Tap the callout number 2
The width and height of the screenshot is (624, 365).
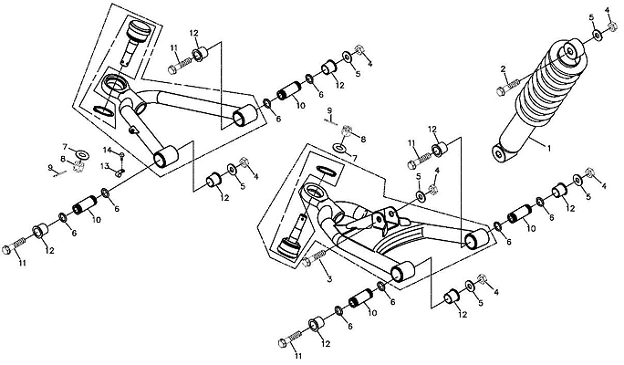point(502,69)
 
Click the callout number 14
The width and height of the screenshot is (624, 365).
point(107,149)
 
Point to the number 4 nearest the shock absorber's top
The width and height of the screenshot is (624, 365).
point(608,10)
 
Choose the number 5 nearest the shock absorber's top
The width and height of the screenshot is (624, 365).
point(591,18)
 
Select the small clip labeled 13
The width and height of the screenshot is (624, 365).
point(119,167)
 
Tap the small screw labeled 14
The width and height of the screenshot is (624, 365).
point(121,155)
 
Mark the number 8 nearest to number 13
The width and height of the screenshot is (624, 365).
point(64,160)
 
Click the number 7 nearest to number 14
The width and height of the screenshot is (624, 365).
point(65,145)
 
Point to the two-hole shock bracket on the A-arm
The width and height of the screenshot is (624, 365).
point(387,219)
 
